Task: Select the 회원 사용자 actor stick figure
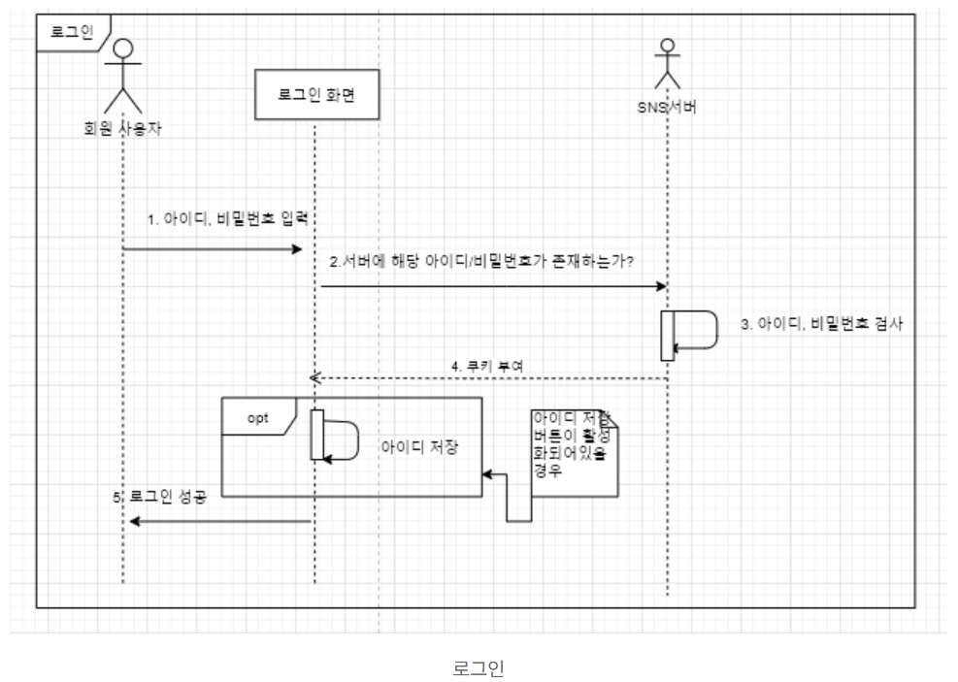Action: pos(122,77)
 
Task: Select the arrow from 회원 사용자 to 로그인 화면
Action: pos(214,249)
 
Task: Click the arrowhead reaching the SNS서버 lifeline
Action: pos(661,286)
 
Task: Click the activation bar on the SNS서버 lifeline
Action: pos(668,334)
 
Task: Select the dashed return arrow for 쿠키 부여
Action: pos(485,377)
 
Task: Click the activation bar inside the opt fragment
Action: pos(315,435)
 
